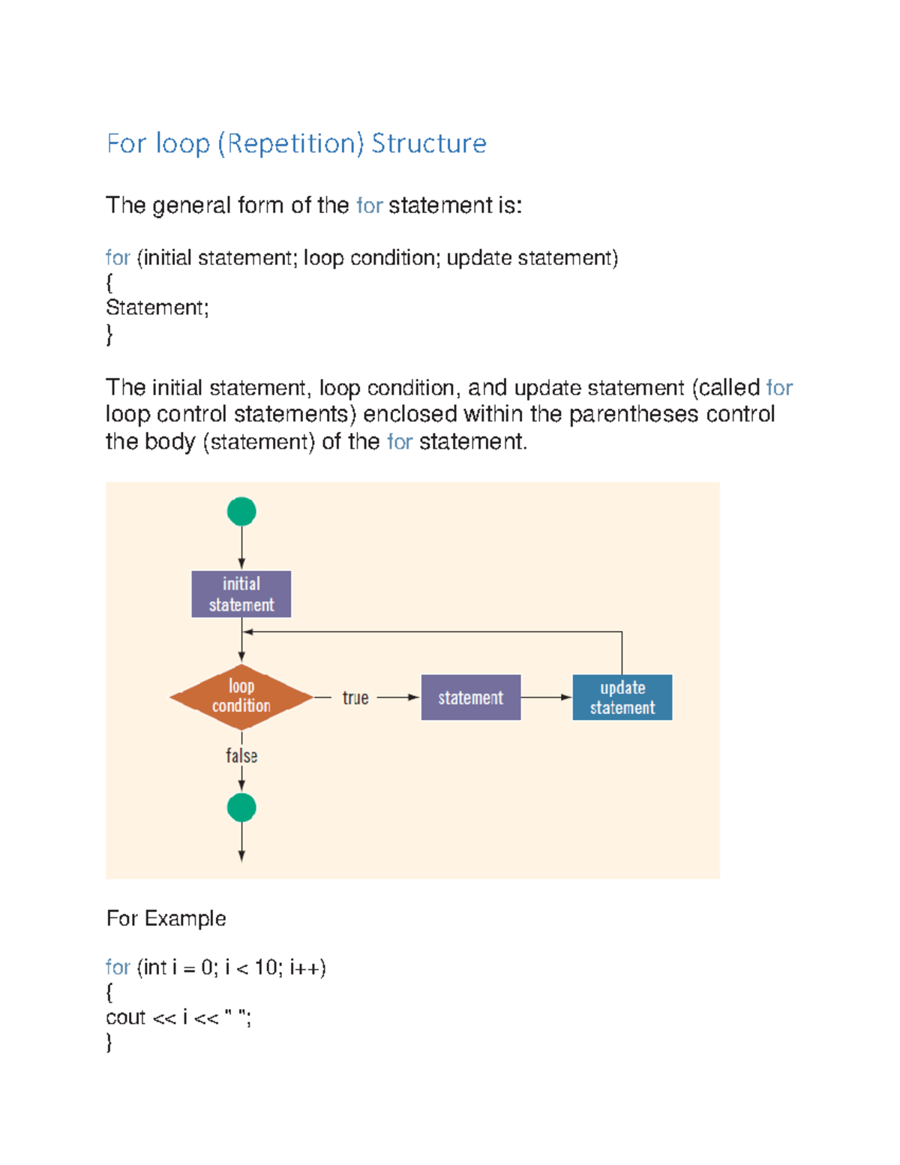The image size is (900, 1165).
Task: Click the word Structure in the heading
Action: pos(428,143)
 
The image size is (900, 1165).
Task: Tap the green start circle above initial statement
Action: pos(241,512)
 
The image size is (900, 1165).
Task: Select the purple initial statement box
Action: pos(241,594)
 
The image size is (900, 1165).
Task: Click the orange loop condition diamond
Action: pos(241,697)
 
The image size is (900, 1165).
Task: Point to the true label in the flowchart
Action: pos(355,698)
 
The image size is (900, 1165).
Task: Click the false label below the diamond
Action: pos(241,755)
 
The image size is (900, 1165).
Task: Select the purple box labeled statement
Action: pos(470,698)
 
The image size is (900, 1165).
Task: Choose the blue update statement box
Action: pos(622,698)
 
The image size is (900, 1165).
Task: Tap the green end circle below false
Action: pos(241,808)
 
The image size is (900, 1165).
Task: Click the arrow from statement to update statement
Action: pos(546,698)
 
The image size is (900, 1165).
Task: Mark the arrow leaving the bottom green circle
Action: pos(241,844)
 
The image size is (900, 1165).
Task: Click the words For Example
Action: pos(166,918)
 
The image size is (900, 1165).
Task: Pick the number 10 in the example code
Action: pos(265,968)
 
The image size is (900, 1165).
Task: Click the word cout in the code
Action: pos(125,1018)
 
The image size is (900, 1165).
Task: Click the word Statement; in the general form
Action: pos(157,308)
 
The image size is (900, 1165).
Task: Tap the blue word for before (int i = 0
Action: pos(118,968)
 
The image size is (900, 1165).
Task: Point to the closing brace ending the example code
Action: pos(109,1042)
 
